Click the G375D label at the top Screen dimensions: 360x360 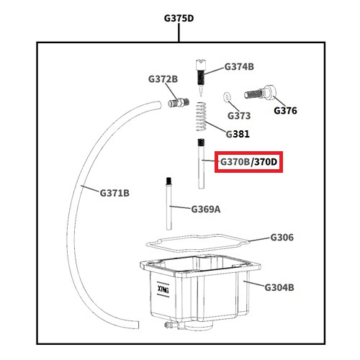(x=179, y=19)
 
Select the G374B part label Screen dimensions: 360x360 (x=239, y=67)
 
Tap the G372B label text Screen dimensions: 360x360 (x=163, y=79)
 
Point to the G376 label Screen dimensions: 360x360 (x=285, y=111)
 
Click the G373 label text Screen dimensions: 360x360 (x=239, y=116)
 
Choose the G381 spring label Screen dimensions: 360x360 (x=238, y=134)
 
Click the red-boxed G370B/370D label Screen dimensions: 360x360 (x=248, y=162)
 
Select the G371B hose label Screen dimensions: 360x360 (x=114, y=193)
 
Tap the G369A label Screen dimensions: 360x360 (x=206, y=210)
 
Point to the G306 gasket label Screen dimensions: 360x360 (x=282, y=238)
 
